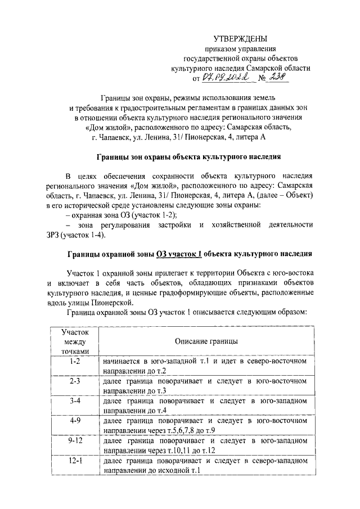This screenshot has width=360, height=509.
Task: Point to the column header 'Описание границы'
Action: pyautogui.click(x=205, y=341)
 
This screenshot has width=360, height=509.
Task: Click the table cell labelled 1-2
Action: pyautogui.click(x=73, y=366)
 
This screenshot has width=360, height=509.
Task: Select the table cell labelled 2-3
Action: pyautogui.click(x=73, y=385)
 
